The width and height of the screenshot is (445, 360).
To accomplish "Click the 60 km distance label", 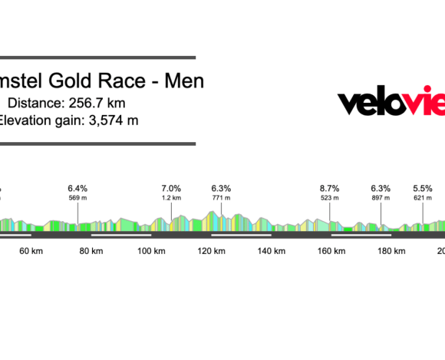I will click(30, 252).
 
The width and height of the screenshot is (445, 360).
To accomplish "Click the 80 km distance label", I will click(91, 252).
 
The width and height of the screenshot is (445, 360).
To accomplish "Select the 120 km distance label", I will click(211, 252).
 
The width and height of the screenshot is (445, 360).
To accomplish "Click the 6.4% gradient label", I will click(77, 188).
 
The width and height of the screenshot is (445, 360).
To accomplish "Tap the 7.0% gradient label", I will click(171, 188).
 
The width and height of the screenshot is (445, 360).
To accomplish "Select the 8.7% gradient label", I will click(329, 188).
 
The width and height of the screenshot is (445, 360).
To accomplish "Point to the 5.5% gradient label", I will click(423, 188).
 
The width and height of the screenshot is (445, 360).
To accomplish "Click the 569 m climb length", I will click(77, 198).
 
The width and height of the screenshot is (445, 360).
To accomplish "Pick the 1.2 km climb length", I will click(171, 198).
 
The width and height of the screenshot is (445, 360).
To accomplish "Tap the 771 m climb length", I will click(221, 198).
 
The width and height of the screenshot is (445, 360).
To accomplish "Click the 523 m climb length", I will click(329, 198).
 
